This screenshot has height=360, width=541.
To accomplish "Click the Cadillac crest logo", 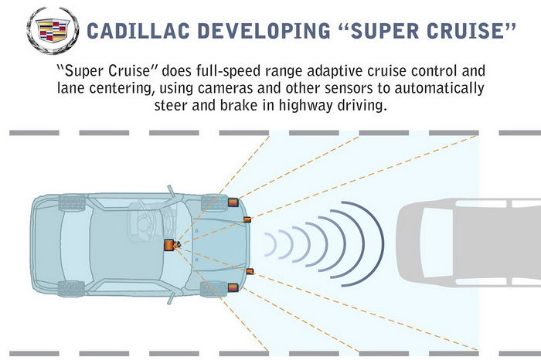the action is [53, 30].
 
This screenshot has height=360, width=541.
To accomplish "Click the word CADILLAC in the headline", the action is [138, 30].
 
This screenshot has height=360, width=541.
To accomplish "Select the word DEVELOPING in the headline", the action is [264, 30].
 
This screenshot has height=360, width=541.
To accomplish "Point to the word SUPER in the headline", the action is [384, 30].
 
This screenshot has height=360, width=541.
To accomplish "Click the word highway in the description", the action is [306, 105].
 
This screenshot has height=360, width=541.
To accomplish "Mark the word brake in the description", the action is [239, 104].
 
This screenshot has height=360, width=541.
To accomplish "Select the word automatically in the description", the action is [439, 88].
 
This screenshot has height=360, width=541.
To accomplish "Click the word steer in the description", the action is [171, 105].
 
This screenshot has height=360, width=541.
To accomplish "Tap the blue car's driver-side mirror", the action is [171, 191].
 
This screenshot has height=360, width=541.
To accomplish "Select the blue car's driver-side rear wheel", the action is [72, 202].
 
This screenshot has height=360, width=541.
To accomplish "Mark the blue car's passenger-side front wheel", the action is [214, 289].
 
